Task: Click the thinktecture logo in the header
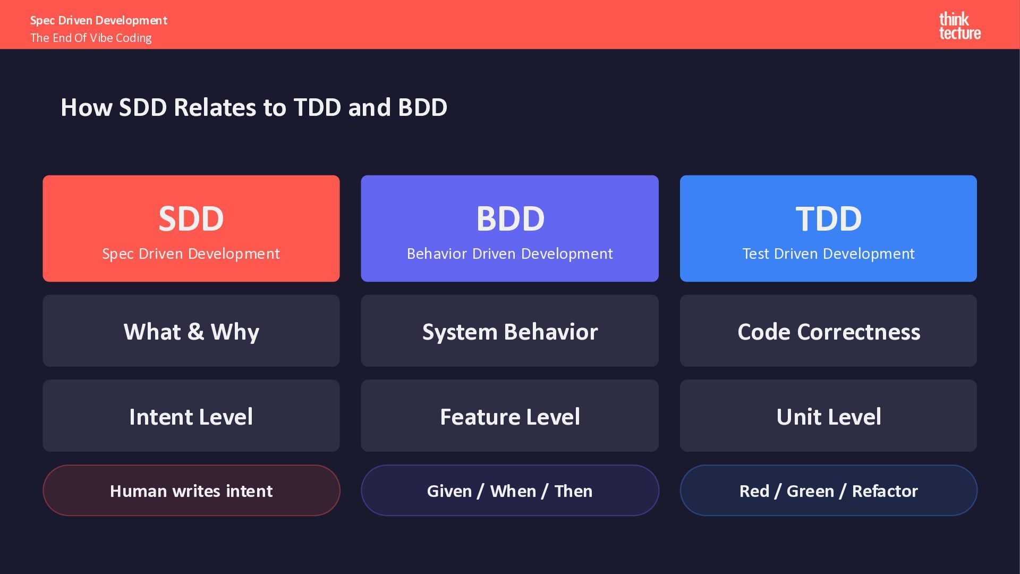(959, 26)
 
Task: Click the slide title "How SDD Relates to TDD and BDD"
(254, 107)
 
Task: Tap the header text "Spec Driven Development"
(99, 20)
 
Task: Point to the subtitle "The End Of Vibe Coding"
(91, 38)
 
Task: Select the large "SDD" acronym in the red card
(191, 218)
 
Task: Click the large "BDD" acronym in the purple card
(510, 218)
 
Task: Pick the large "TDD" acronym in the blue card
(828, 218)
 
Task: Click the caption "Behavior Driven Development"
(510, 254)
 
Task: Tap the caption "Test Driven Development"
(828, 254)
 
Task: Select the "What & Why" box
(191, 331)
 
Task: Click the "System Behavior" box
(510, 331)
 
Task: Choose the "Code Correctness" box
(828, 331)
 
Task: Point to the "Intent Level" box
(191, 416)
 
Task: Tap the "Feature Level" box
(510, 416)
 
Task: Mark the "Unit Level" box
(828, 416)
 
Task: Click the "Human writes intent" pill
(191, 490)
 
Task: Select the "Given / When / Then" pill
(510, 490)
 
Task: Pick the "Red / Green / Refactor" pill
(828, 490)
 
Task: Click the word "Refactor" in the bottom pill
(885, 491)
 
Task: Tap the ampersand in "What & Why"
(195, 332)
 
